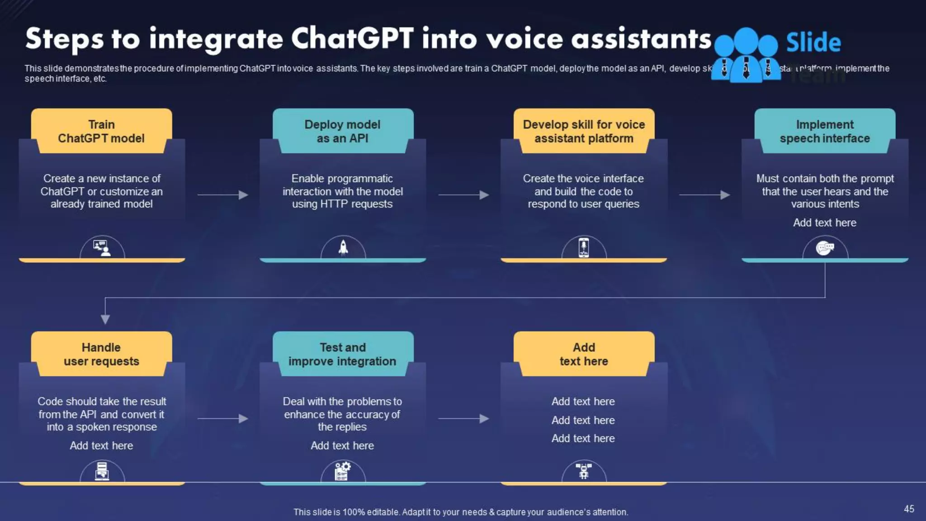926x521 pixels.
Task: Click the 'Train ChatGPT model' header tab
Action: (101, 131)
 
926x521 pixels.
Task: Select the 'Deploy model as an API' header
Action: (343, 131)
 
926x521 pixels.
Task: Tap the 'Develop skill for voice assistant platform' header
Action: (584, 131)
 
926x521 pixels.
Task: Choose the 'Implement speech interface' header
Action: (825, 131)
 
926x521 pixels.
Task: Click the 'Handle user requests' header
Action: (101, 354)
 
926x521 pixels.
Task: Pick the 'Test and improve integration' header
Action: (343, 354)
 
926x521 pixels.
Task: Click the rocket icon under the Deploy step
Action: (343, 247)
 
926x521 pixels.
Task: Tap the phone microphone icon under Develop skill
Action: (584, 247)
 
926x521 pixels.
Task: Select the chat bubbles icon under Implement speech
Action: (825, 248)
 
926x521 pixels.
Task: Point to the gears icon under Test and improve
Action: (343, 471)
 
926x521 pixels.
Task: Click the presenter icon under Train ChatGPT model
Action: (102, 247)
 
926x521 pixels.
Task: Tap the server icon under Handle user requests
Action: (102, 471)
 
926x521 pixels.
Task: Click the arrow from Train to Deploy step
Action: (223, 195)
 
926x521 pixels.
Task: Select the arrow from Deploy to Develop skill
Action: (464, 195)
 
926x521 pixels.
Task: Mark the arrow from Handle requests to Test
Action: (223, 418)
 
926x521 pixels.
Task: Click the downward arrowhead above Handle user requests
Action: (105, 319)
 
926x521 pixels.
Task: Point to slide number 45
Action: (909, 509)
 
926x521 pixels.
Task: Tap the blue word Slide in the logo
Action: (813, 43)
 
